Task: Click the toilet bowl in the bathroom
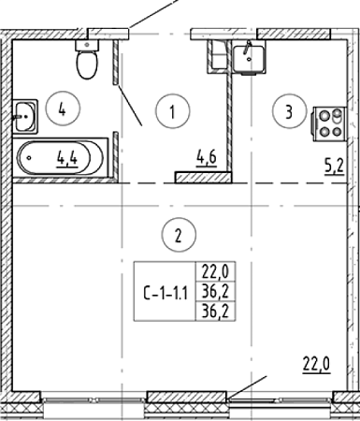click(x=87, y=65)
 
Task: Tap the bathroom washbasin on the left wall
click(x=25, y=117)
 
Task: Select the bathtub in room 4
click(x=61, y=157)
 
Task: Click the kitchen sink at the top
click(x=249, y=59)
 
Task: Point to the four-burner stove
click(x=330, y=124)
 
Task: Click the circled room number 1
click(x=173, y=111)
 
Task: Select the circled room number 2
click(x=179, y=234)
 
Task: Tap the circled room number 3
click(x=289, y=111)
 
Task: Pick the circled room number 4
click(x=63, y=108)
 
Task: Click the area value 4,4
click(x=67, y=160)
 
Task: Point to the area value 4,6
click(x=206, y=158)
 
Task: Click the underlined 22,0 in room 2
click(x=316, y=364)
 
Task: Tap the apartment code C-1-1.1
click(x=166, y=294)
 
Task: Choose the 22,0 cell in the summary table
click(x=215, y=271)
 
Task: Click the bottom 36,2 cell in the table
click(x=215, y=312)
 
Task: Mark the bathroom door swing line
click(x=130, y=105)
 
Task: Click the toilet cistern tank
click(x=87, y=45)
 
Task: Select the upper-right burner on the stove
click(x=337, y=115)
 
